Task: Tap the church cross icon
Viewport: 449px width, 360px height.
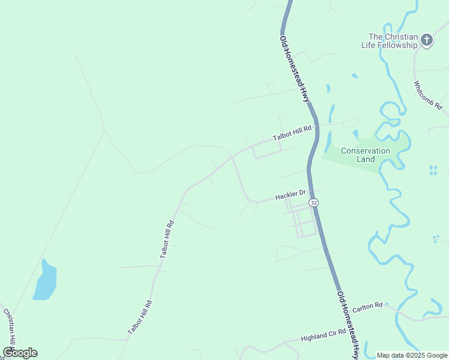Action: (x=427, y=40)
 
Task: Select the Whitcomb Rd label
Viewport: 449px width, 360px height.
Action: (x=428, y=95)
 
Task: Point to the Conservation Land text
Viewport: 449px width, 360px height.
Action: (x=366, y=155)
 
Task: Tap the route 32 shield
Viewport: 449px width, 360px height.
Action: (x=314, y=203)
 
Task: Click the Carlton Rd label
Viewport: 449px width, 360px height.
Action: (x=367, y=307)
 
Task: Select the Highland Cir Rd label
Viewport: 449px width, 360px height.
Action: (x=324, y=335)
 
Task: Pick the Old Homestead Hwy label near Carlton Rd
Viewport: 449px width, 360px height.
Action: (x=349, y=325)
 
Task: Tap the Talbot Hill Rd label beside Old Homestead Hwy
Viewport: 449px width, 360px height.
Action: (x=293, y=133)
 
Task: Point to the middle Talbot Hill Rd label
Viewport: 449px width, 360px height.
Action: (x=167, y=239)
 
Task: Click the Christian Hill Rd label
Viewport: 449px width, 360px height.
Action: (x=10, y=327)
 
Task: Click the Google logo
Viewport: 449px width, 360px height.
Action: (x=20, y=353)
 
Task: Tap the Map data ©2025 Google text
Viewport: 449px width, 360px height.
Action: (x=412, y=355)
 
